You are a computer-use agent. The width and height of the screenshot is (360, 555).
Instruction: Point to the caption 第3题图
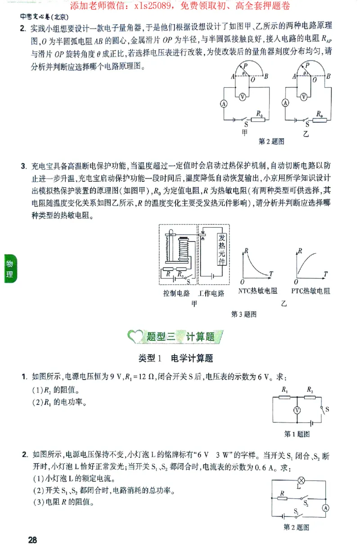pyautogui.click(x=243, y=314)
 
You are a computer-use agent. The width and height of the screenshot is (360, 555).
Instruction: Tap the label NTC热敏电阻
pyautogui.click(x=257, y=291)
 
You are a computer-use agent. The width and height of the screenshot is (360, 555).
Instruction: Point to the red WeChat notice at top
pyautogui.click(x=180, y=6)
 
